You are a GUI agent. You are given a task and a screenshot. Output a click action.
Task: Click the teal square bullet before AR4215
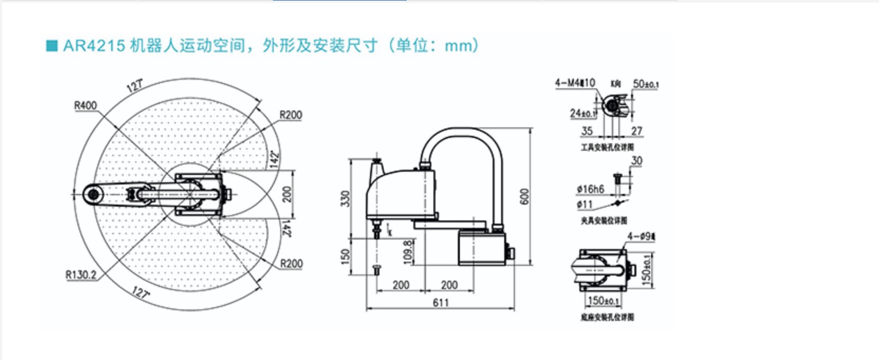[52, 46]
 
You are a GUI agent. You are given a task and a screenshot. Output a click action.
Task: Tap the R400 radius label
[85, 105]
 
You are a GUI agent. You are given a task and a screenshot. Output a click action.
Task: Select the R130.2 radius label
[81, 275]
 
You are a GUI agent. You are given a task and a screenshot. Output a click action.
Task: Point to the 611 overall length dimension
[440, 302]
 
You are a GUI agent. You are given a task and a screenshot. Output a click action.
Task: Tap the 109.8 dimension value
[408, 252]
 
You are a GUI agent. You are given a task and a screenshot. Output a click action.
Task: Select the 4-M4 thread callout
[575, 83]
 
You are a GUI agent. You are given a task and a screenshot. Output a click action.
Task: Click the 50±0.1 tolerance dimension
[645, 84]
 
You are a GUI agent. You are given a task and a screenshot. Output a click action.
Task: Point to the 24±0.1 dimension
[582, 113]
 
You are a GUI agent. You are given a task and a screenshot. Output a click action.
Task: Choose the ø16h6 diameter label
[590, 189]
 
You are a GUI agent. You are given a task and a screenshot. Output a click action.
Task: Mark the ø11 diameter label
[585, 204]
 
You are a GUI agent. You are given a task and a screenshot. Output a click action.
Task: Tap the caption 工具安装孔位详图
[607, 147]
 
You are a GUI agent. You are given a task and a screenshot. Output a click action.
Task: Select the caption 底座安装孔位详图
[607, 317]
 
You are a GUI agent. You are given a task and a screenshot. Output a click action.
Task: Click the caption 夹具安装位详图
[604, 220]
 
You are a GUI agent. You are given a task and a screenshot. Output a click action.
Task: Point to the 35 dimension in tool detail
[587, 131]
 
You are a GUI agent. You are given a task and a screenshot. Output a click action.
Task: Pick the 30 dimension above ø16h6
[636, 160]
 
